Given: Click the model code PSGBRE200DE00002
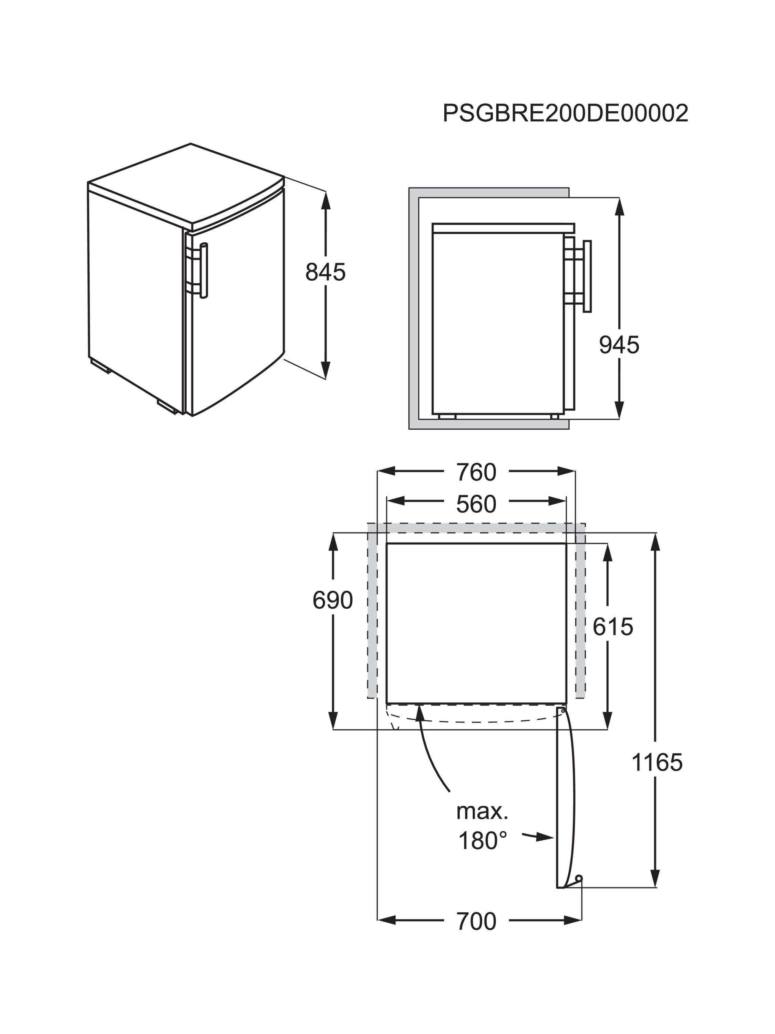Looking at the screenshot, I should [565, 113].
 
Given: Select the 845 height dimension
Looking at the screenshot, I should [325, 272].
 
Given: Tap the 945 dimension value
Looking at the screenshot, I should [619, 345].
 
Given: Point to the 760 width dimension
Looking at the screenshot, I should [476, 472].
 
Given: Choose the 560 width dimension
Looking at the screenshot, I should [476, 504].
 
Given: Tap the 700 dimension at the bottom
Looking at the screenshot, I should [476, 921].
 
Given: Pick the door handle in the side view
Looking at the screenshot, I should [587, 276].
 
